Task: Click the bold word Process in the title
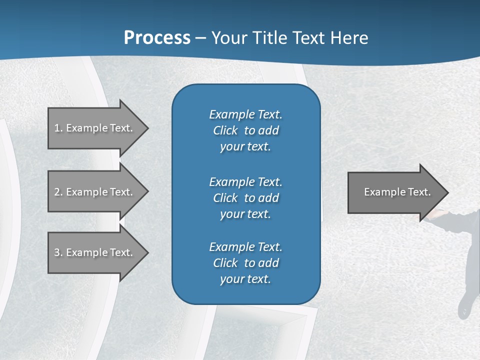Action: tap(157, 38)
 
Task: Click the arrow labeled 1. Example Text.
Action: tap(95, 128)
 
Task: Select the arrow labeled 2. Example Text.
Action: tap(95, 192)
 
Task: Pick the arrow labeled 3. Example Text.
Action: tap(95, 252)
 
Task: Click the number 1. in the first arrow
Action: tap(58, 128)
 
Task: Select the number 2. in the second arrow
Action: tap(58, 192)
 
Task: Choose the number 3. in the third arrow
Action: tap(58, 252)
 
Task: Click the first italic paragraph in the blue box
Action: tap(245, 130)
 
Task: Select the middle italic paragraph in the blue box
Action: tap(245, 198)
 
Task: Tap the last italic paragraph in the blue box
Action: tap(245, 263)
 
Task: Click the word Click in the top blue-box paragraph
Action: tap(225, 130)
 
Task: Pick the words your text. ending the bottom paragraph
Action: tap(245, 279)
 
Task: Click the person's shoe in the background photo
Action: tap(464, 305)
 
